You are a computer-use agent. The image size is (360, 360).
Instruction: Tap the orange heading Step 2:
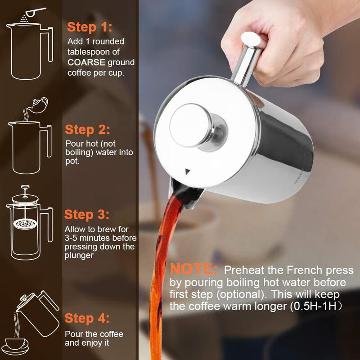point(87,130)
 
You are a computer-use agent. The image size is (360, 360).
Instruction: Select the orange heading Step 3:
point(87,214)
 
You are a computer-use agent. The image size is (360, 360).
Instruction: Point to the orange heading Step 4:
point(87,319)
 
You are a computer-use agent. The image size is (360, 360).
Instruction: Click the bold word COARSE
point(86,63)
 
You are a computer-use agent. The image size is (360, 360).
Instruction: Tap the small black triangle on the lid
point(188,171)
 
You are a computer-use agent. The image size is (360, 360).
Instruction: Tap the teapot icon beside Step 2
point(38,105)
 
